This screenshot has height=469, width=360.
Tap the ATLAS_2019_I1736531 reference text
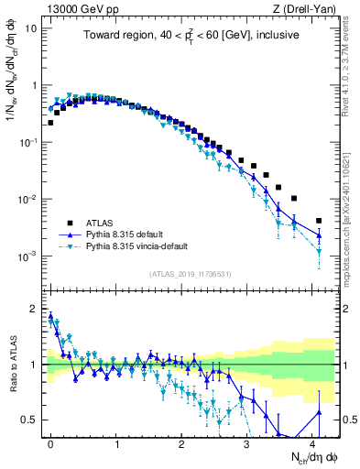point(191,274)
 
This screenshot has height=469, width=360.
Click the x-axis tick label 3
point(246,443)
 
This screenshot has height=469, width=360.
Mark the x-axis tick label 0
point(50,443)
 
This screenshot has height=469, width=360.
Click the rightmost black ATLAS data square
point(319,221)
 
